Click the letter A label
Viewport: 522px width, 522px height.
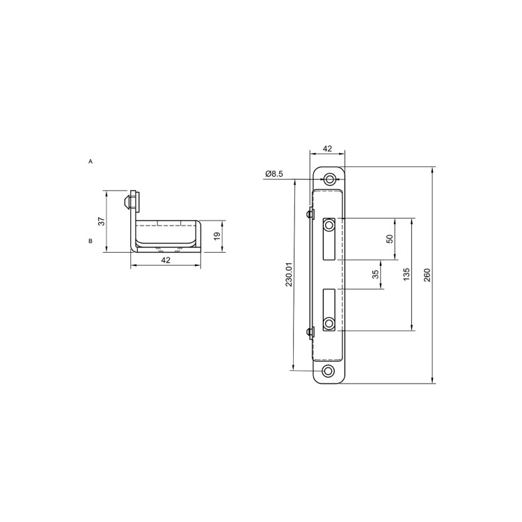click(90, 161)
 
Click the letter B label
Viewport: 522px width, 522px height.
click(90, 241)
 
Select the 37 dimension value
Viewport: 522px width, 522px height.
click(102, 221)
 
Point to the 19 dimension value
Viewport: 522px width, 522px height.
click(216, 237)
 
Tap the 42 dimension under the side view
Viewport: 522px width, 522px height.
click(166, 260)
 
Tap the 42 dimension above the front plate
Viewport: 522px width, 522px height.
click(328, 148)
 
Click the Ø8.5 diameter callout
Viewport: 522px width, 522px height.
click(274, 173)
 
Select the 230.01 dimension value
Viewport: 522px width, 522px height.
click(289, 274)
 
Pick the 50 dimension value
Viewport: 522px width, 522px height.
click(390, 239)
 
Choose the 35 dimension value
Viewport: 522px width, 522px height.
click(376, 274)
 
